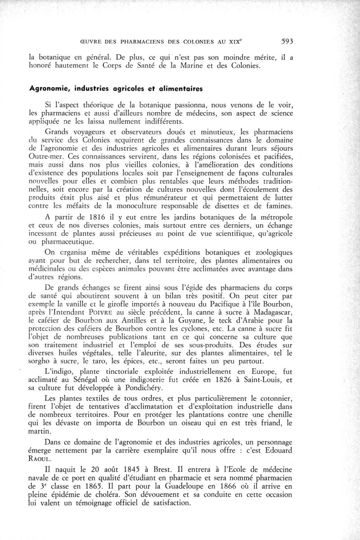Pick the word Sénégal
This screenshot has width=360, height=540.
pos(90,380)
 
